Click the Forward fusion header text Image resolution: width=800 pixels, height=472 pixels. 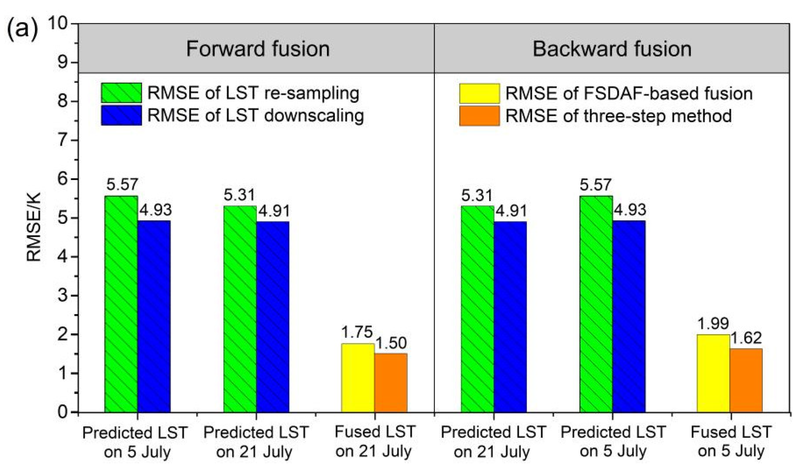pyautogui.click(x=258, y=49)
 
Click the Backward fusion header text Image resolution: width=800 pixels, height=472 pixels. pyautogui.click(x=612, y=49)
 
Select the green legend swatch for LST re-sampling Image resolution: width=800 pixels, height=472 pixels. pyautogui.click(x=121, y=93)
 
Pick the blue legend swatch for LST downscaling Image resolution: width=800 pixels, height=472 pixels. pyautogui.click(x=121, y=115)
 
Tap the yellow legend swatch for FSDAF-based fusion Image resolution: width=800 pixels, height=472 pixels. pyautogui.click(x=479, y=93)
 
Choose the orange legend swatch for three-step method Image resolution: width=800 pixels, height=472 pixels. pyautogui.click(x=479, y=115)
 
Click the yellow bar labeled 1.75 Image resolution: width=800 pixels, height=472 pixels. pyautogui.click(x=358, y=378)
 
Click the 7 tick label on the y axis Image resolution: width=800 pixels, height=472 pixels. pyautogui.click(x=63, y=140)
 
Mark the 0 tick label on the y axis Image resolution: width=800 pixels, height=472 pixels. pyautogui.click(x=63, y=412)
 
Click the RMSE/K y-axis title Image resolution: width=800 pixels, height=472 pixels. pyautogui.click(x=34, y=227)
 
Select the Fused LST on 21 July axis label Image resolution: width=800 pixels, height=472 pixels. pyautogui.click(x=374, y=441)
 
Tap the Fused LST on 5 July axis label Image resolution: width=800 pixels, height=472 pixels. pyautogui.click(x=731, y=441)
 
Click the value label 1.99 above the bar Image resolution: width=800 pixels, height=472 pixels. pyautogui.click(x=713, y=323)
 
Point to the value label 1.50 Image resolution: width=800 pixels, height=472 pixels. pyautogui.click(x=391, y=343)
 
